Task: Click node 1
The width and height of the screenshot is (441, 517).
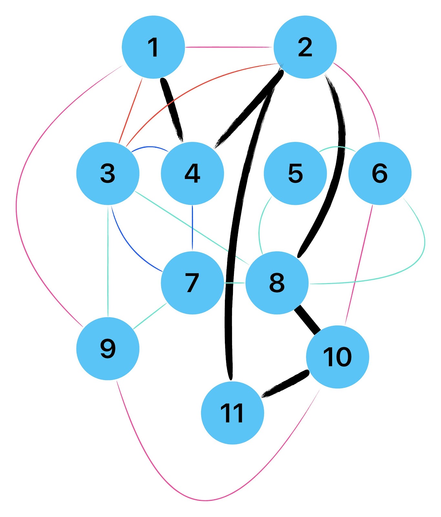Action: click(x=153, y=47)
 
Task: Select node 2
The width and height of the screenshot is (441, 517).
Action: click(x=305, y=47)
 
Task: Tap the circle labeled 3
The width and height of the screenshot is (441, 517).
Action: click(x=108, y=173)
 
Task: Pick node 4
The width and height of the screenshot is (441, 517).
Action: click(x=192, y=173)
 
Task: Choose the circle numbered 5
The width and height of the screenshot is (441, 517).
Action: click(x=295, y=173)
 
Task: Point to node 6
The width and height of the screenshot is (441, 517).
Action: click(x=380, y=173)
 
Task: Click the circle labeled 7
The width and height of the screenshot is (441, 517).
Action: click(x=192, y=283)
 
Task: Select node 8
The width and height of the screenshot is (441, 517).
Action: click(x=277, y=283)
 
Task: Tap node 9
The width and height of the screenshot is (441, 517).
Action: click(x=108, y=349)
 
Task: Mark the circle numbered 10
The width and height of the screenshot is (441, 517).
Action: click(x=337, y=357)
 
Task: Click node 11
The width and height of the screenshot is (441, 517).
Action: click(x=232, y=413)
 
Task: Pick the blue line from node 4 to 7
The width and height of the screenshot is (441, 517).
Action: click(x=192, y=228)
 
